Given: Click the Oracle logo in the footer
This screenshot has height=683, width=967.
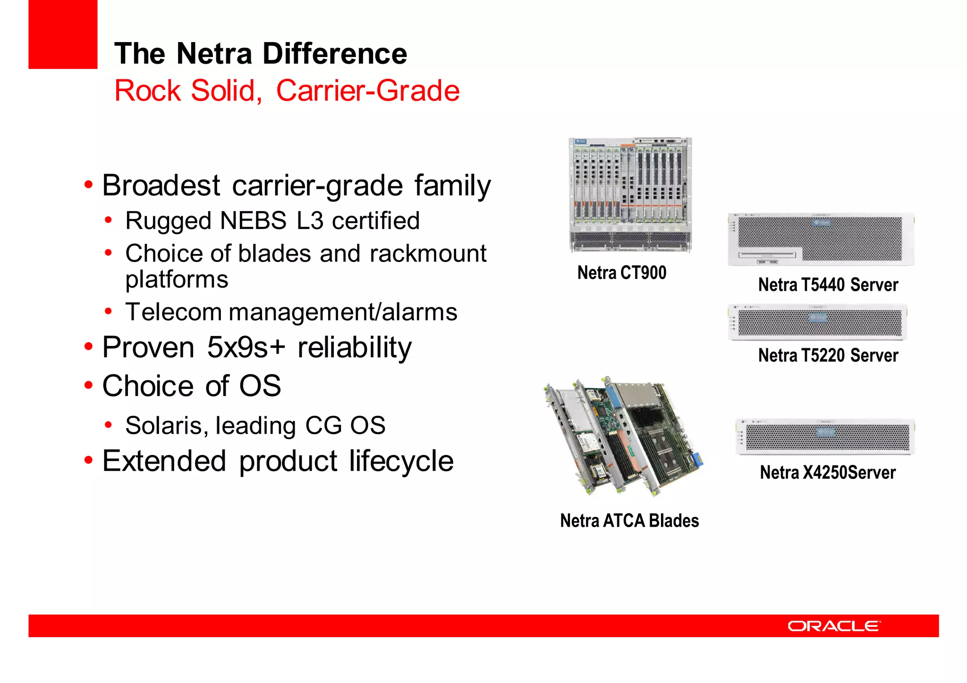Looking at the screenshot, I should (834, 626).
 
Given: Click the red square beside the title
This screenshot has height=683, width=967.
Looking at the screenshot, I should (63, 34).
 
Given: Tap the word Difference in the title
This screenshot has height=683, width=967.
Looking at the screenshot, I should (334, 53).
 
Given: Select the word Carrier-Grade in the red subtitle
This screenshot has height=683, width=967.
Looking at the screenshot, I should (367, 91).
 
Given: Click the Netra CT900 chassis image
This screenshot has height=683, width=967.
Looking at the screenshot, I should (630, 195).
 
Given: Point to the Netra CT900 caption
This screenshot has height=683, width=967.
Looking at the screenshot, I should (621, 273).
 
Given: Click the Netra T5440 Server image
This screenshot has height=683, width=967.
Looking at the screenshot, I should (821, 239).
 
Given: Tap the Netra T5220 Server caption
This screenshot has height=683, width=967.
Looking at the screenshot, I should (828, 355).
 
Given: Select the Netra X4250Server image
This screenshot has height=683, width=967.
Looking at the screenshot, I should (824, 437).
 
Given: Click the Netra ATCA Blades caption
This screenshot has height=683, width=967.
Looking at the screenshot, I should (629, 521).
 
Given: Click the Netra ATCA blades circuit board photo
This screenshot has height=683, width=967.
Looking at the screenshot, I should (623, 437).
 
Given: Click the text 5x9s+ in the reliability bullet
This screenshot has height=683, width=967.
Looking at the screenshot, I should (246, 347).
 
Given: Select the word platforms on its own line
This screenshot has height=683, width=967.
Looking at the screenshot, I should (177, 279).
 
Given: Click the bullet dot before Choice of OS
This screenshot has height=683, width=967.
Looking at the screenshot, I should (88, 386).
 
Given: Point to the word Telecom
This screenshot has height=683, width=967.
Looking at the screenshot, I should (173, 312).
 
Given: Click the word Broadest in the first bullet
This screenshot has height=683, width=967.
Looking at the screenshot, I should (161, 186).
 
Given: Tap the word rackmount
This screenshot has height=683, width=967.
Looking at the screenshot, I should (428, 253).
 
